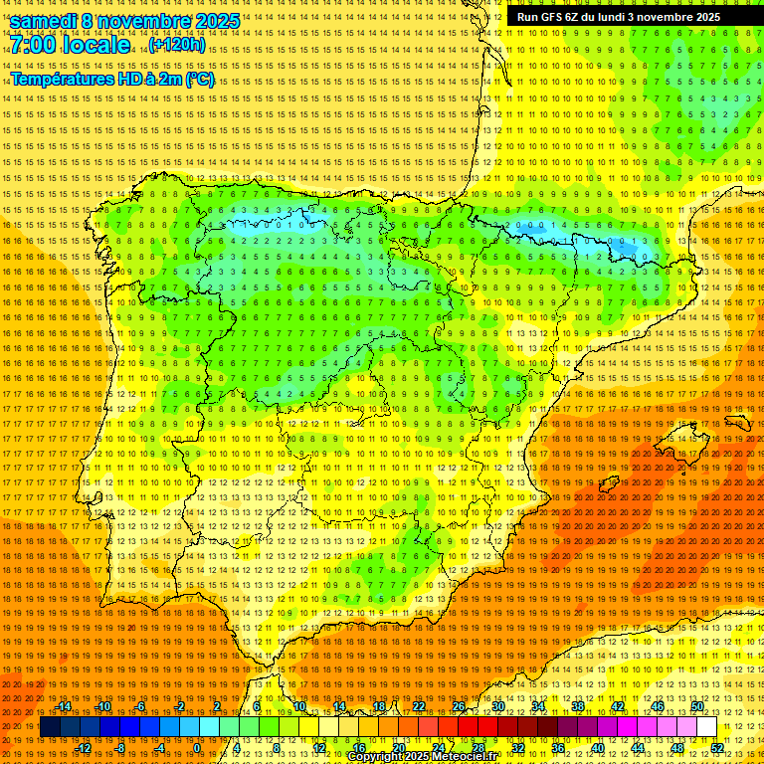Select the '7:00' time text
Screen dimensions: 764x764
pos(36,45)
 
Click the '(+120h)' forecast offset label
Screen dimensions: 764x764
pos(177,45)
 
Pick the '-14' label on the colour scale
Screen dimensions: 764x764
pos(65,706)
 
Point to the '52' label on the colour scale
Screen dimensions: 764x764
pos(717,748)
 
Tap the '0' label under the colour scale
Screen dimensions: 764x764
pos(197,748)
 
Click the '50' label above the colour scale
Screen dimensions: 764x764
pos(697,706)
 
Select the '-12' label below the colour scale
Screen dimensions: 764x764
pos(84,748)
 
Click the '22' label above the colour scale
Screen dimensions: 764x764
pos(419,706)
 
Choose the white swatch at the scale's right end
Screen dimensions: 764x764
pos(707,727)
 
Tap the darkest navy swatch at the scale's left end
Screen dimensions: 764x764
pos(50,727)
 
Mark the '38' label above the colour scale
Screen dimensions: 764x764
pos(578,706)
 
